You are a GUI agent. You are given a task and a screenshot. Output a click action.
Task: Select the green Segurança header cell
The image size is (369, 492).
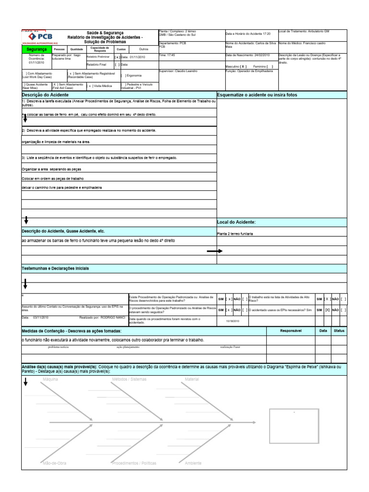pos(37,49)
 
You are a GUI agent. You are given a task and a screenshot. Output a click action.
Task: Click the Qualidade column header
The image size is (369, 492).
pos(76,49)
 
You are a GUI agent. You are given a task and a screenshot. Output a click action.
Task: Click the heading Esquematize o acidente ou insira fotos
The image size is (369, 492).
pos(257,95)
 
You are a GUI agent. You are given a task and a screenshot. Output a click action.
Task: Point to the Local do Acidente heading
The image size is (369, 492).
pos(236,222)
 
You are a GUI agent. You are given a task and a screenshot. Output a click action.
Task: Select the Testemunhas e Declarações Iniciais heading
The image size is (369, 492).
pos(55,268)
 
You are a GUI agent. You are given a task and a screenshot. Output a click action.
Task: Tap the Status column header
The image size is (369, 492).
pos(339,331)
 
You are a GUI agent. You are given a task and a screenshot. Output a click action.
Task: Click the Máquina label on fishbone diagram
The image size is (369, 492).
pos(50,380)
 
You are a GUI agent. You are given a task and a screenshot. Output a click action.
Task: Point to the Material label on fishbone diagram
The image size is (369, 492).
pos(192,380)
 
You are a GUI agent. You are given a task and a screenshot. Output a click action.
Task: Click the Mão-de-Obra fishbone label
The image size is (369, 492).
pos(54,463)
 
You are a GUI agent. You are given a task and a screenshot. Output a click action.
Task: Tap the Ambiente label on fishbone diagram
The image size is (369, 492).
pos(193,463)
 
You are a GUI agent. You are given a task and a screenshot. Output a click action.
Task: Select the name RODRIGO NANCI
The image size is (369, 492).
pos(113,318)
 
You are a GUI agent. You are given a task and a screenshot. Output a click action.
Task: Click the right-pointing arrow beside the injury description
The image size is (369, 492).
pos(214,251)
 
